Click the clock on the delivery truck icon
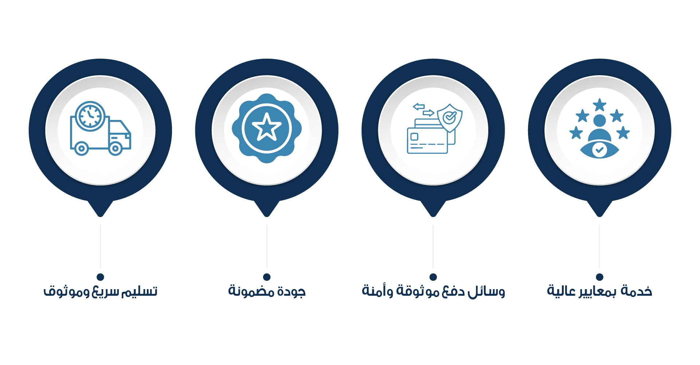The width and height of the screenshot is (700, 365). pyautogui.click(x=90, y=116)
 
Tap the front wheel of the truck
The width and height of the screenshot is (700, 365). pyautogui.click(x=116, y=148)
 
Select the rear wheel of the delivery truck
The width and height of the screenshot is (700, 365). pyautogui.click(x=82, y=148)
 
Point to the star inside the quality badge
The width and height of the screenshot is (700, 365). pyautogui.click(x=267, y=127)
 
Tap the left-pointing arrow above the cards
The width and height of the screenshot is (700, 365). pyautogui.click(x=419, y=106)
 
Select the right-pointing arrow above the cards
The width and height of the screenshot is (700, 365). pyautogui.click(x=429, y=113)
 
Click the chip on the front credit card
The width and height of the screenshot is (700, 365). pyautogui.click(x=414, y=137)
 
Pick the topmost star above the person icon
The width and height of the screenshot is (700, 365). pyautogui.click(x=599, y=105)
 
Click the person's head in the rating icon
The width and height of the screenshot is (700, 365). pyautogui.click(x=599, y=120)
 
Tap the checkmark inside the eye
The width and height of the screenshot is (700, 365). pyautogui.click(x=599, y=150)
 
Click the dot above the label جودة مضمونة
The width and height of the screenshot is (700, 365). pyautogui.click(x=267, y=277)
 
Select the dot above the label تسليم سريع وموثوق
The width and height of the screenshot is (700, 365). pyautogui.click(x=101, y=277)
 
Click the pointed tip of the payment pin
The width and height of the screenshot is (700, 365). pyautogui.click(x=433, y=217)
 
